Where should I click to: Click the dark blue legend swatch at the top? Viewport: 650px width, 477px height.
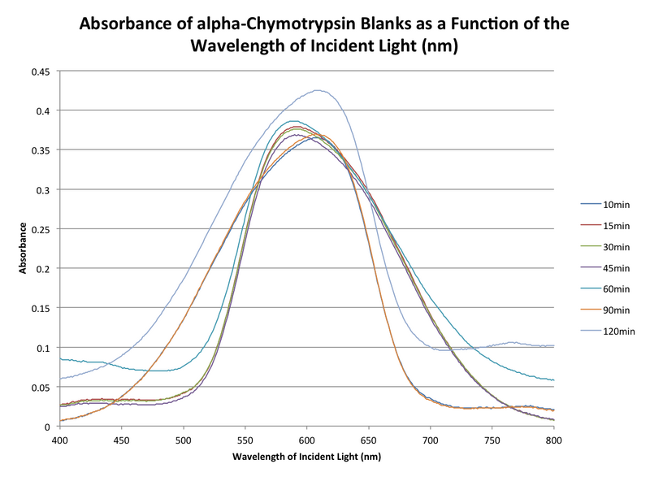(x=591, y=203)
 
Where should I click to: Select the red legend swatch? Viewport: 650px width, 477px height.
(x=591, y=224)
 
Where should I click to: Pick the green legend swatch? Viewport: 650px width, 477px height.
(x=591, y=245)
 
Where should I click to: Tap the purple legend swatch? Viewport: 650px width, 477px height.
(x=591, y=267)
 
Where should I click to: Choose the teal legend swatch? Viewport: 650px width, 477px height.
(x=591, y=288)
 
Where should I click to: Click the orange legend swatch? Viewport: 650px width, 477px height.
(x=591, y=309)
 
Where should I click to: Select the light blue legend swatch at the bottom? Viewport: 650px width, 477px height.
(x=591, y=330)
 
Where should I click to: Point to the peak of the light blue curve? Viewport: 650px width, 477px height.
(x=318, y=90)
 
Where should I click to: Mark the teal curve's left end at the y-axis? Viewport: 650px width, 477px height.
(x=62, y=358)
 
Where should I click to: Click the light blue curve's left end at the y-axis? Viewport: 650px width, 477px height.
(x=62, y=379)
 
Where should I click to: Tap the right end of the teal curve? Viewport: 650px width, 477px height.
(x=554, y=379)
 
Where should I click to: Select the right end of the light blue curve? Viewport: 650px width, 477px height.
(x=554, y=345)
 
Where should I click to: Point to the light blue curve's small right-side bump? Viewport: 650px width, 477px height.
(x=513, y=342)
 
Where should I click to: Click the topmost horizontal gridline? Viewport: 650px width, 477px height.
(x=309, y=71)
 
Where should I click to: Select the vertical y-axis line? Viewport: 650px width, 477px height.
(x=58, y=244)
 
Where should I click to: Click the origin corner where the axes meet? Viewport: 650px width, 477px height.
(x=58, y=425)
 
